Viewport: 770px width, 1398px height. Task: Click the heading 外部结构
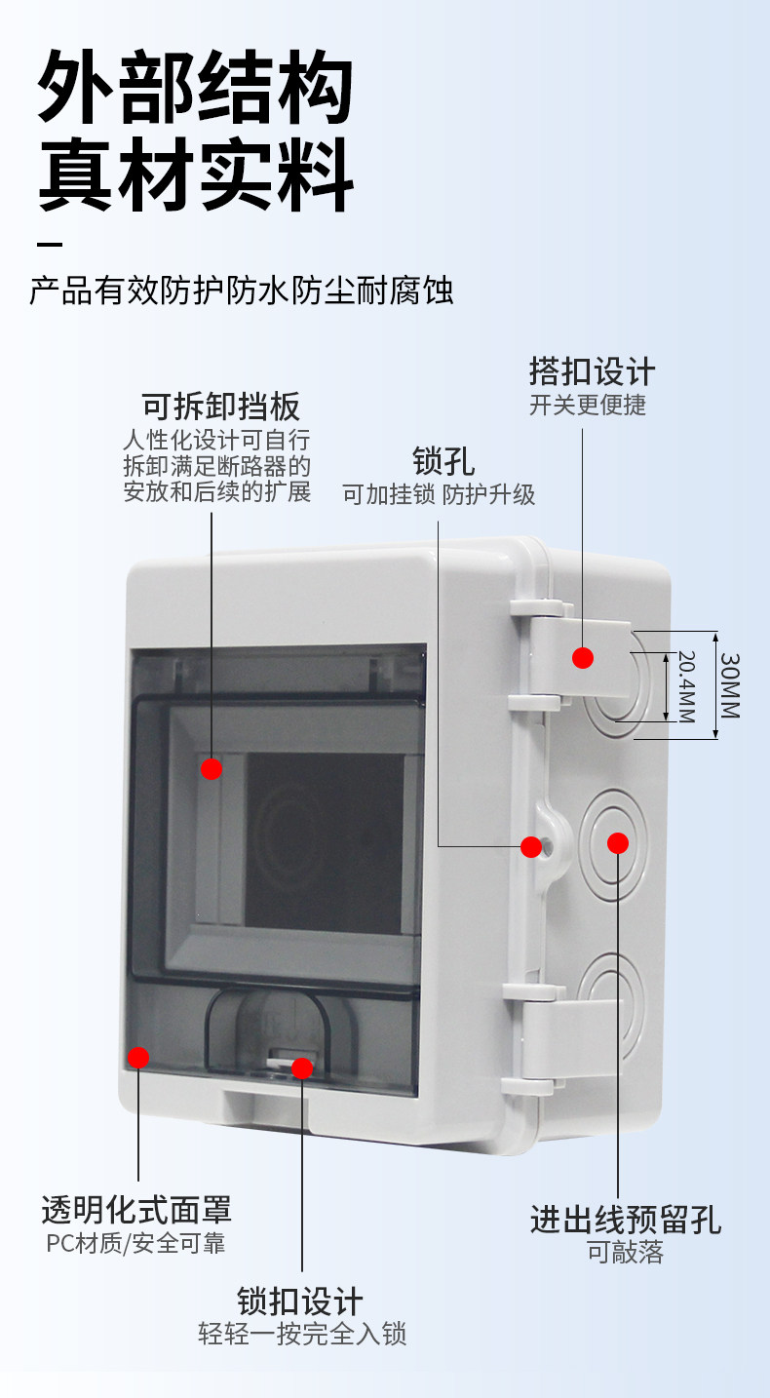pyautogui.click(x=195, y=91)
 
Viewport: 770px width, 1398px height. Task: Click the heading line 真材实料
pyautogui.click(x=195, y=176)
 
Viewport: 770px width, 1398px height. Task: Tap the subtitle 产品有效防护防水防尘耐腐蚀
pyautogui.click(x=242, y=291)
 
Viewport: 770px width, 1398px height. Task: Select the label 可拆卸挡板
pyautogui.click(x=221, y=406)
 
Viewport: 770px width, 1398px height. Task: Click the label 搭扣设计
pyautogui.click(x=592, y=371)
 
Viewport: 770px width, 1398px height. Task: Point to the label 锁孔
pyautogui.click(x=443, y=460)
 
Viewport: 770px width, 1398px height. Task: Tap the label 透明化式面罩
pyautogui.click(x=136, y=1210)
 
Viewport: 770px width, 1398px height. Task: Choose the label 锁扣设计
pyautogui.click(x=300, y=1301)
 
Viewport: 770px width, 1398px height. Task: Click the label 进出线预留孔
pyautogui.click(x=626, y=1219)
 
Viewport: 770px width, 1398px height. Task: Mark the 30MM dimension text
pyautogui.click(x=730, y=684)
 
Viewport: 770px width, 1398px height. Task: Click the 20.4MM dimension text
pyautogui.click(x=686, y=687)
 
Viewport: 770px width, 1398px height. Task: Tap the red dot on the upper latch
pyautogui.click(x=583, y=658)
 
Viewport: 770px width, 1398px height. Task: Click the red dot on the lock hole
pyautogui.click(x=531, y=847)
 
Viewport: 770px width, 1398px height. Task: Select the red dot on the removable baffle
pyautogui.click(x=212, y=768)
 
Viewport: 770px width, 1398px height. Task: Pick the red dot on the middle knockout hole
pyautogui.click(x=618, y=843)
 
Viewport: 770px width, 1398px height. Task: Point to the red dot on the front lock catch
pyautogui.click(x=302, y=1068)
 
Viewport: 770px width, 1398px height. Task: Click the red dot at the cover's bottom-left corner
pyautogui.click(x=138, y=1057)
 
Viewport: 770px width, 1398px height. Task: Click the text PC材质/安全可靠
pyautogui.click(x=135, y=1243)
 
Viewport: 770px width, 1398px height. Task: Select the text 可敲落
pyautogui.click(x=625, y=1253)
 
